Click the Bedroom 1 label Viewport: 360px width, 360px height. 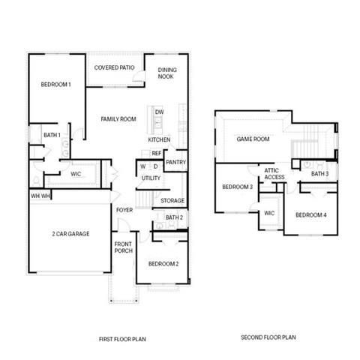[55, 85]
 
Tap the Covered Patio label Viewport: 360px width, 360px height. [114, 67]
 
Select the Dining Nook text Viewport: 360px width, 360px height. [167, 73]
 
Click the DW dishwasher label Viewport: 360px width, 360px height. [159, 112]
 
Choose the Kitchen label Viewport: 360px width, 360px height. [159, 140]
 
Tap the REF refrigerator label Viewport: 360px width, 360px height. [156, 154]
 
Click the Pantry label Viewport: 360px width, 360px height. [175, 162]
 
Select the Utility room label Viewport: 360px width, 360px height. [151, 178]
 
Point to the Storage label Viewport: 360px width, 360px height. [173, 200]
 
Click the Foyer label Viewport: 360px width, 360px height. [124, 209]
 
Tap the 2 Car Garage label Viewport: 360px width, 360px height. [70, 234]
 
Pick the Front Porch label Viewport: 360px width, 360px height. [124, 248]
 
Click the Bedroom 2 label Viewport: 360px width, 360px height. [163, 264]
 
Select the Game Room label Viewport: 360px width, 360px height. [253, 139]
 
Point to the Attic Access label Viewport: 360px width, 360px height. [274, 174]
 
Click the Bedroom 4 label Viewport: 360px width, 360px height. [310, 215]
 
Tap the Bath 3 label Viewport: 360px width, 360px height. [320, 174]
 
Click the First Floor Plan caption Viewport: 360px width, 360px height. [122, 339]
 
